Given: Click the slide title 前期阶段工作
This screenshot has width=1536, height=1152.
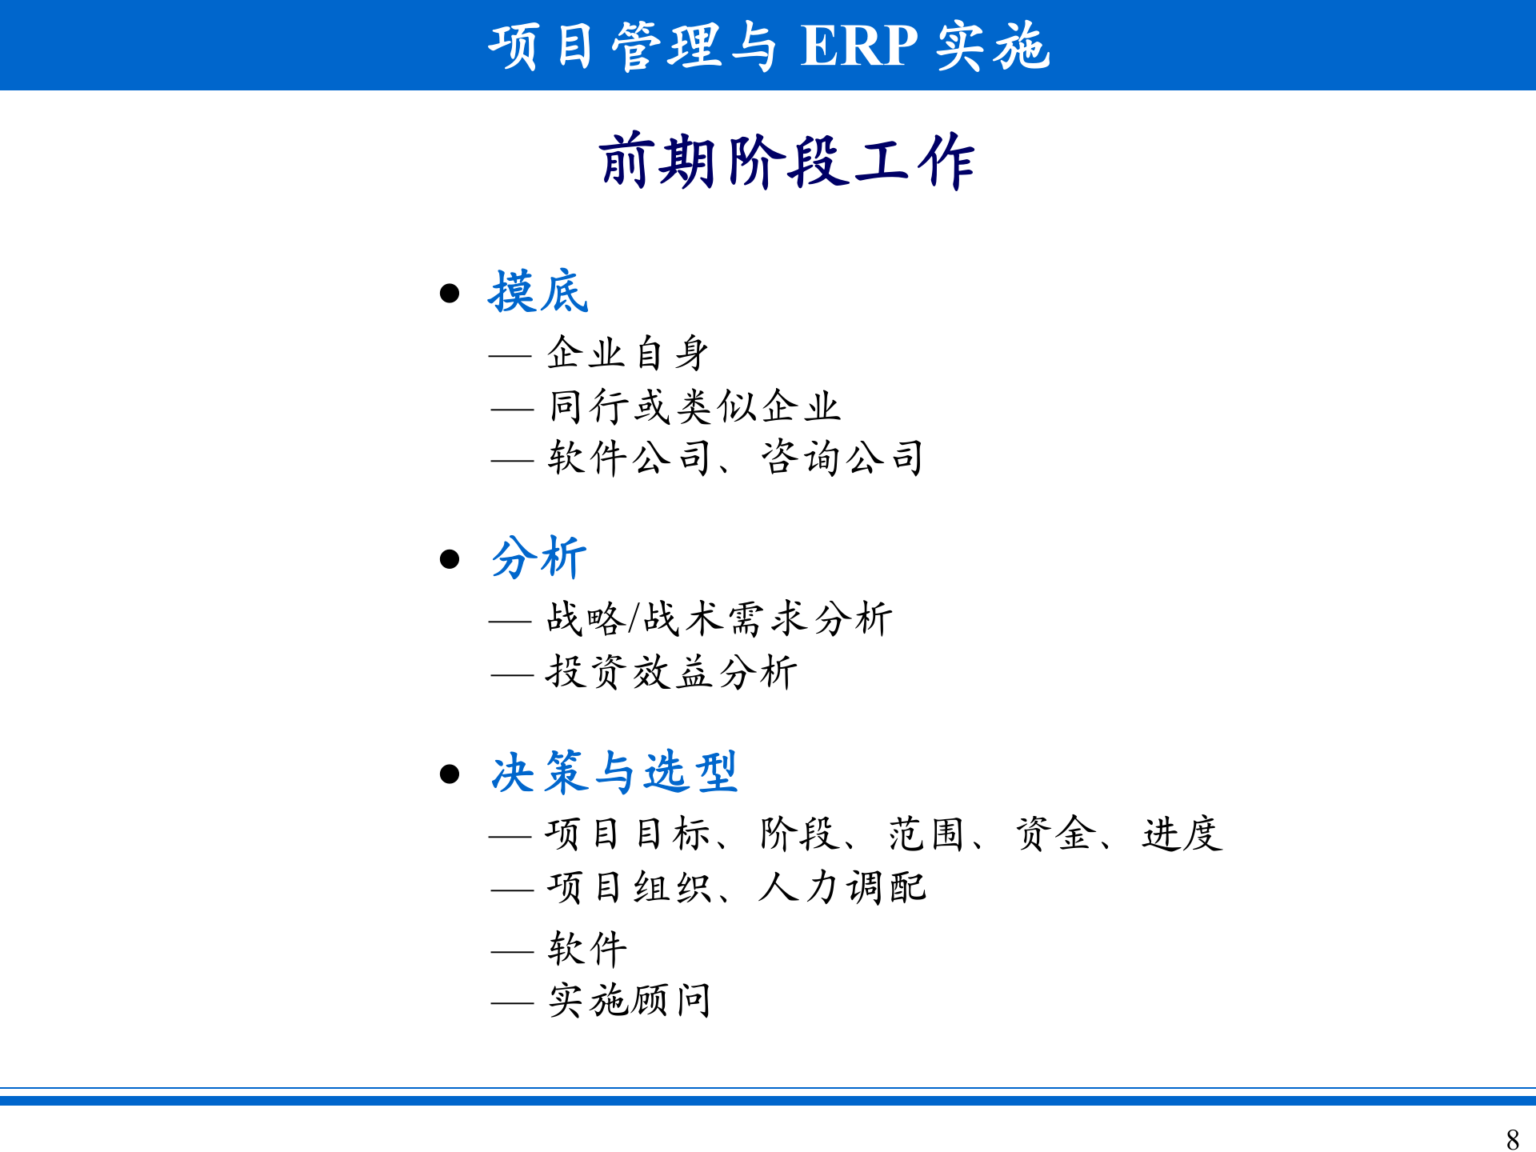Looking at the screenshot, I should click(x=786, y=162).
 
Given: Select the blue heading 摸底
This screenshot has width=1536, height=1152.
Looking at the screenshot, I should click(x=538, y=292).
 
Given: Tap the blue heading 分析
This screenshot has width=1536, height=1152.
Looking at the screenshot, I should click(x=538, y=558).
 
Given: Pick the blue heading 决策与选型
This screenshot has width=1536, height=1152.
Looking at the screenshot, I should click(x=614, y=773).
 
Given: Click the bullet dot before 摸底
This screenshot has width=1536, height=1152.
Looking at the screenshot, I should click(x=450, y=294).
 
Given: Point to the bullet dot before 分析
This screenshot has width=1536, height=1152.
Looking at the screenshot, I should click(x=450, y=558).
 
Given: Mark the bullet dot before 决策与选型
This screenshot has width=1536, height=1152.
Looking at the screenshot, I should click(x=450, y=774).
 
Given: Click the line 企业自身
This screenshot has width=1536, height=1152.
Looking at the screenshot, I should click(x=628, y=353).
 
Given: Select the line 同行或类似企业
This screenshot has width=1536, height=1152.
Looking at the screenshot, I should click(x=694, y=406).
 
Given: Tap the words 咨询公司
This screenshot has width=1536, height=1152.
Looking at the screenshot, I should click(x=842, y=458).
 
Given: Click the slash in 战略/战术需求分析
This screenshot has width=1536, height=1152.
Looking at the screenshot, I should click(x=634, y=619).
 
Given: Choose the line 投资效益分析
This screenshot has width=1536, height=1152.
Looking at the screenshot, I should click(x=671, y=672).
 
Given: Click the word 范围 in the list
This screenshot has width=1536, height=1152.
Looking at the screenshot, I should click(x=926, y=834).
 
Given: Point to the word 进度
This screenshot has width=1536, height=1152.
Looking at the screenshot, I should click(x=1182, y=834).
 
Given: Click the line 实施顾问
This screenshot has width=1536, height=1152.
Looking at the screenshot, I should click(x=630, y=1001).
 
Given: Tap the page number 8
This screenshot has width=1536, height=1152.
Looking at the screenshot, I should click(x=1512, y=1138).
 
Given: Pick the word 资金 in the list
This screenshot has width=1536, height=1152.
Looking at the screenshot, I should click(x=1054, y=834).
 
